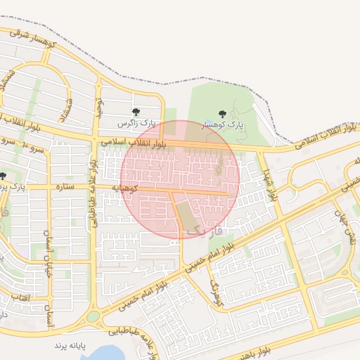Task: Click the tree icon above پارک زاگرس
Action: click(136, 112)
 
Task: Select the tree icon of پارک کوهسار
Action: click(222, 113)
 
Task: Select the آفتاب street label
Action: click(20, 298)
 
